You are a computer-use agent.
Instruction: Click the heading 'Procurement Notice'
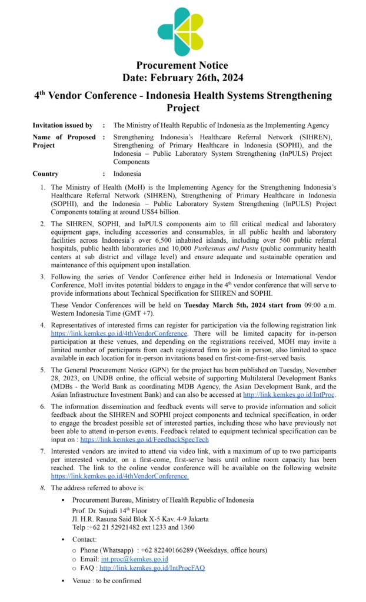tap(182, 65)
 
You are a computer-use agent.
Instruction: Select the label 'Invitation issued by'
tap(63, 125)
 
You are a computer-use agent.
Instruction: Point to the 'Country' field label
tap(46, 173)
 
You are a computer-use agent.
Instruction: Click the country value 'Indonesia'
tap(127, 173)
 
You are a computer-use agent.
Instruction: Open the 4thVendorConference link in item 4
tap(119, 333)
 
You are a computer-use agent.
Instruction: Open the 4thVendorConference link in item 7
tap(120, 476)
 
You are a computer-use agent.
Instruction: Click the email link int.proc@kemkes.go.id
tap(134, 559)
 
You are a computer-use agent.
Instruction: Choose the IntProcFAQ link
tap(152, 568)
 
